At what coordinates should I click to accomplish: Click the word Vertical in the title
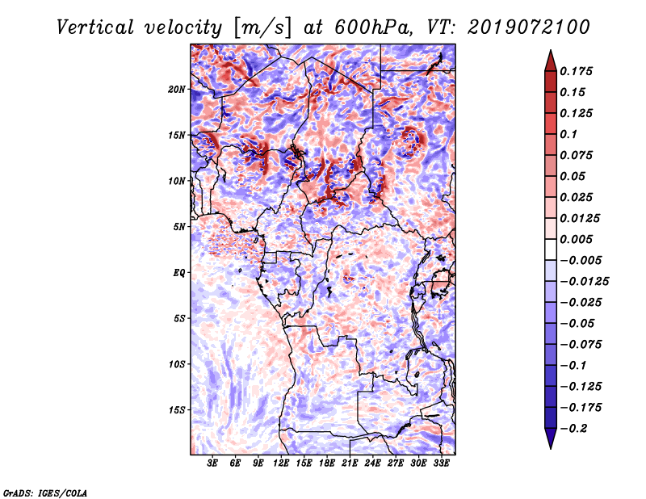coord(94,27)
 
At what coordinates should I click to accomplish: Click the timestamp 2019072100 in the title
coord(529,27)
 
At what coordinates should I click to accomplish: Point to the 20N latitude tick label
coord(177,90)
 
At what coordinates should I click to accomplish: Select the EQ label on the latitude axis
coord(179,273)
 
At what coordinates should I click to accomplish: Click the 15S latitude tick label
coord(177,410)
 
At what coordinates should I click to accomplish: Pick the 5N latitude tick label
coord(179,227)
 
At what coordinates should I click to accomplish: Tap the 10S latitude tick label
coord(177,364)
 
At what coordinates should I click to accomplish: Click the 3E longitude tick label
coord(212,463)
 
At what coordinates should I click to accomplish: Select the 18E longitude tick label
coord(327,463)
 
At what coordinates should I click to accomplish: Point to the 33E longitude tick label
coord(441,463)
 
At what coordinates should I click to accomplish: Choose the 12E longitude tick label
coord(281,463)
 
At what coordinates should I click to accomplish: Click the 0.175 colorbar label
coord(576,71)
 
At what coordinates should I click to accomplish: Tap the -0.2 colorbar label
coord(574,429)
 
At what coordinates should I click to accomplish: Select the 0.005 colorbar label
coord(576,239)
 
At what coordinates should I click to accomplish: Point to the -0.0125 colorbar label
coord(585,282)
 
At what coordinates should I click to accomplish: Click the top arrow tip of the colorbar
coord(551,50)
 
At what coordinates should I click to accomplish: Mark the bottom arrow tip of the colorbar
coord(551,449)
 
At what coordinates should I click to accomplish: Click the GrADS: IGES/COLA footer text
coord(45,493)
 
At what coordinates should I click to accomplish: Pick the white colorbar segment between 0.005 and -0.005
coord(551,249)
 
